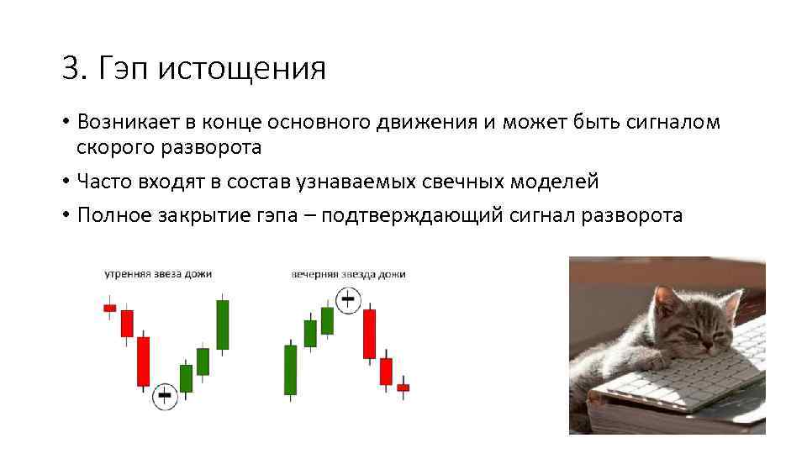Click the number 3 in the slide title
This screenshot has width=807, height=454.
71,68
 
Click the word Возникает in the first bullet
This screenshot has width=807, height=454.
125,122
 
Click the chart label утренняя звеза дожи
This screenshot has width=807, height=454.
158,274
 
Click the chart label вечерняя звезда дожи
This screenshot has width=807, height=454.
348,274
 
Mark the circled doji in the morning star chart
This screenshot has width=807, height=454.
165,395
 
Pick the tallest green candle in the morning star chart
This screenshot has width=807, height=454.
223,325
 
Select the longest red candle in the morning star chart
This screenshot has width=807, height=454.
143,362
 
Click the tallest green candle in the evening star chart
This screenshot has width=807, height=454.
290,370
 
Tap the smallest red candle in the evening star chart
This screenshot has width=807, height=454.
403,388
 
